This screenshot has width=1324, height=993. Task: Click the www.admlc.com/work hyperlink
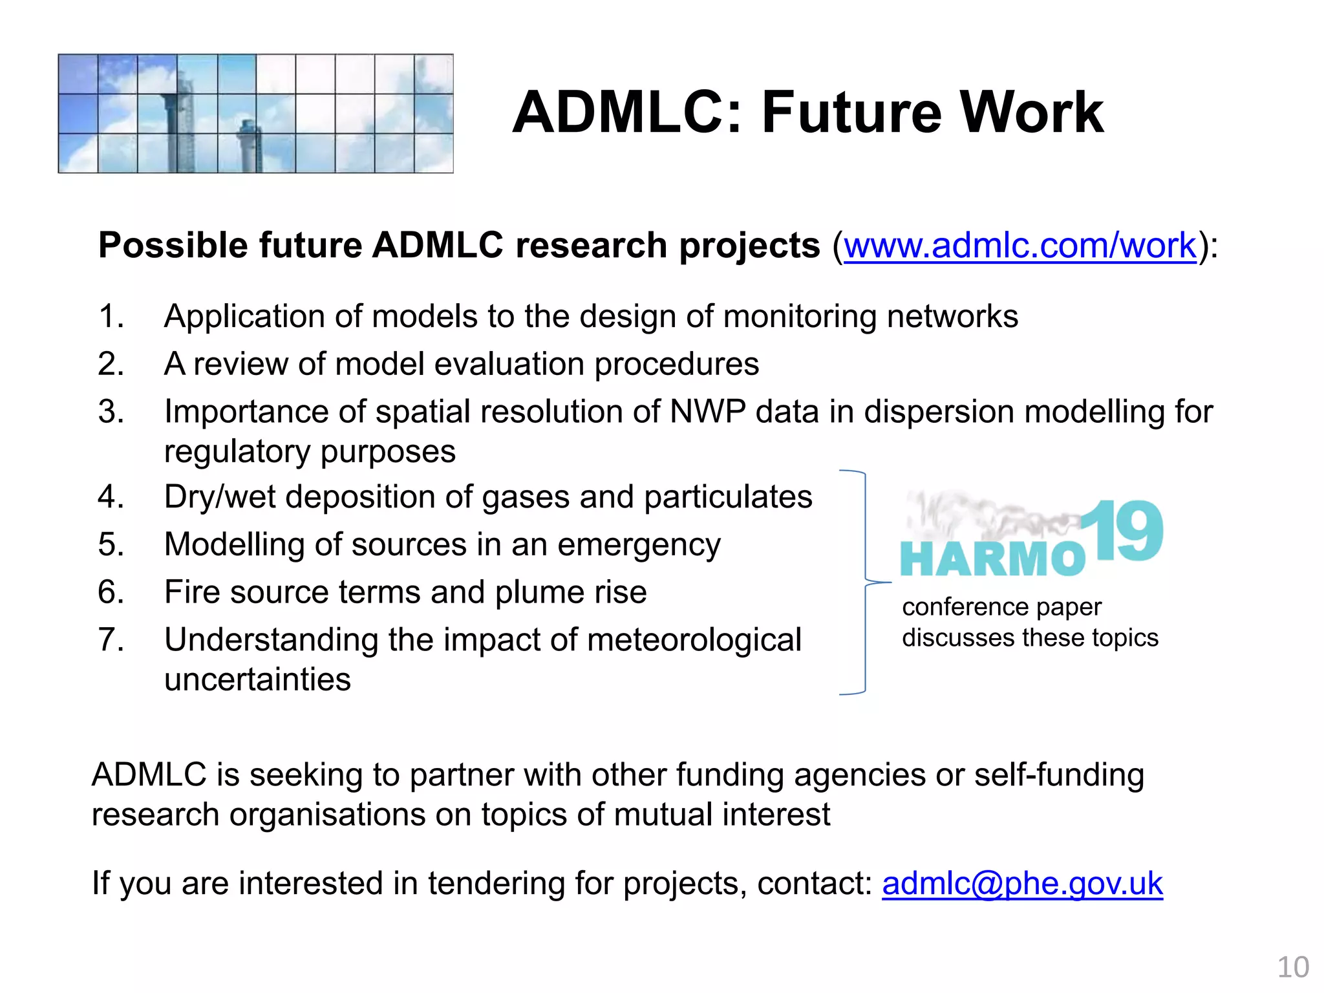1020,246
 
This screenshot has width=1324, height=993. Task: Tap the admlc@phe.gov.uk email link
1022,884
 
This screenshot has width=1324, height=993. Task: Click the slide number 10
1292,968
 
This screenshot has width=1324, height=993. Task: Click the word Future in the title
851,112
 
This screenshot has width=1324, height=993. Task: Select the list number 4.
111,498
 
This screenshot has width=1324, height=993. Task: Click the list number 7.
111,640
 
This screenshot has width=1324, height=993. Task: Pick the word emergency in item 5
639,546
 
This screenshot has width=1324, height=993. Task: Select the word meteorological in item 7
694,640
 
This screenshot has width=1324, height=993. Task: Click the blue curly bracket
864,582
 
